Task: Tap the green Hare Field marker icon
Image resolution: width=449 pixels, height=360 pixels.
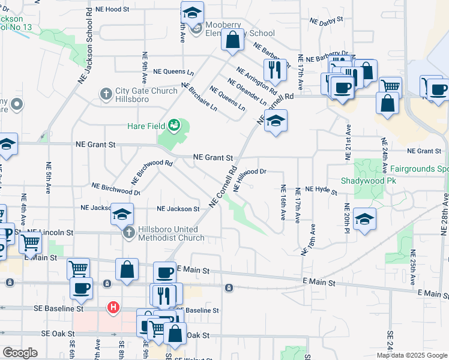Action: [174, 125]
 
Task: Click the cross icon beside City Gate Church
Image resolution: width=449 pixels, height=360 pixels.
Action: [106, 94]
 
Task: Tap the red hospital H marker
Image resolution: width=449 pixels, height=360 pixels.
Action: [112, 308]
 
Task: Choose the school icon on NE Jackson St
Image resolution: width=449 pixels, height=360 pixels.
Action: [122, 214]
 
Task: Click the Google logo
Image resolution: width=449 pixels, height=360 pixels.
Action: [20, 353]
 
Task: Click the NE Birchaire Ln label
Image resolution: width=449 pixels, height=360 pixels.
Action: [199, 98]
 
